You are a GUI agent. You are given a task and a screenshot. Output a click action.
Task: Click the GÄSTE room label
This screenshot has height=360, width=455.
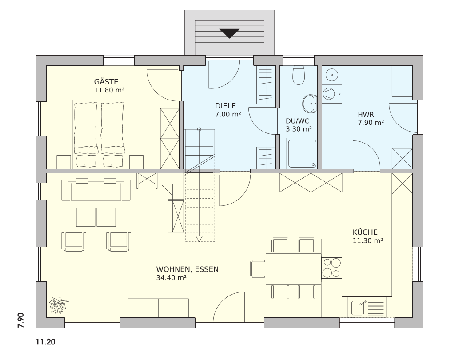(106, 81)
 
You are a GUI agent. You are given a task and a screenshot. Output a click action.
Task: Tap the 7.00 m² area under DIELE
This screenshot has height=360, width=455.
(228, 114)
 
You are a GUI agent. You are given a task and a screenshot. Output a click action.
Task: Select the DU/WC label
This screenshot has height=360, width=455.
(297, 121)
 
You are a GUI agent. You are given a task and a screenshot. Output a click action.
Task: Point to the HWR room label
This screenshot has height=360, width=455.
(366, 114)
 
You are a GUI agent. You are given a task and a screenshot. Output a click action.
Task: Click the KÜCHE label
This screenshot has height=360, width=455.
(365, 232)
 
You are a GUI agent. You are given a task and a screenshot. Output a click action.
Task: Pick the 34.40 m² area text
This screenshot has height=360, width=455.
(171, 278)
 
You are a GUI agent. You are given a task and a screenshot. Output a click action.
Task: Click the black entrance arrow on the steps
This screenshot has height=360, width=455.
(229, 33)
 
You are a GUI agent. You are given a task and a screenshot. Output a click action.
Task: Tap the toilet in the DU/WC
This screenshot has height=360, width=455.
(298, 75)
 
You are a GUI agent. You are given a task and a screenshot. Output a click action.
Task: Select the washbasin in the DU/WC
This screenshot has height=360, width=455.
(310, 103)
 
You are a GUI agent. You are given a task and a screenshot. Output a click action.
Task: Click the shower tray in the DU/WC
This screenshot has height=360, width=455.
(302, 154)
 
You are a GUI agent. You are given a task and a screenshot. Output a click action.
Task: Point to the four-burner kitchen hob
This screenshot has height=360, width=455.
(331, 268)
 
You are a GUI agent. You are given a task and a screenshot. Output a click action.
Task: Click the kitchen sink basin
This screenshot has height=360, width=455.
(359, 308)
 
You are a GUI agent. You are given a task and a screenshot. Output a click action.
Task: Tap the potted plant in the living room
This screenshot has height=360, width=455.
(58, 305)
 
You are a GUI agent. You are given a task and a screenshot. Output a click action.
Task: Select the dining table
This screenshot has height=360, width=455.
(293, 269)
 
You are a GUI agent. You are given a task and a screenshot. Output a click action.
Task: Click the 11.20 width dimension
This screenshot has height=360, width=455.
(46, 342)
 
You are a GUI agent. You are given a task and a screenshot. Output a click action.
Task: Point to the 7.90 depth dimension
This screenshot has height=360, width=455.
(20, 320)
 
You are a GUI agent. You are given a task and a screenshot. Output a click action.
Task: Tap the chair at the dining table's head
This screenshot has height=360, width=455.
(258, 269)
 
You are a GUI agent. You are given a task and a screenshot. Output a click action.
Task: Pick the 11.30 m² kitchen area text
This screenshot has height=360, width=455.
(367, 241)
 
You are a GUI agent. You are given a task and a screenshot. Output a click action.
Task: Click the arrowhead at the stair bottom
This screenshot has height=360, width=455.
(199, 239)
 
